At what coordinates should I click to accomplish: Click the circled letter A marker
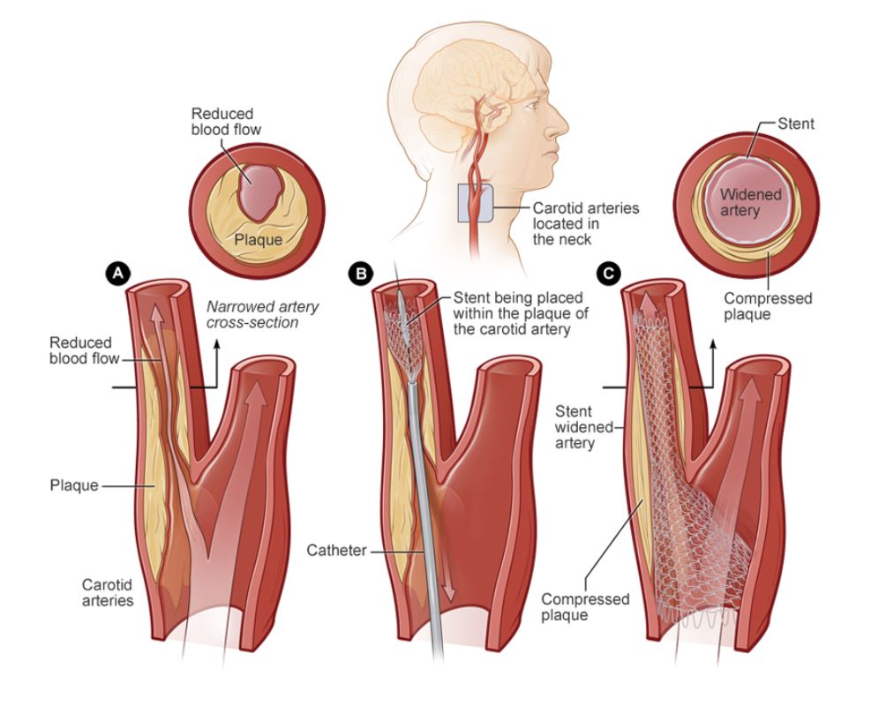pos(118,274)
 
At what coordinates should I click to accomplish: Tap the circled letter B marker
pos(361,274)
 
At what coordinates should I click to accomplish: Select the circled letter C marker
pos(609,274)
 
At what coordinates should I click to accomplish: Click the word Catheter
pos(337,550)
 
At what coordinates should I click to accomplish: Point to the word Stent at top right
pos(796,124)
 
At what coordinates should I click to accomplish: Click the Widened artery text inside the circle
pos(750,202)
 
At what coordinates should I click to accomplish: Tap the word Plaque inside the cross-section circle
pos(259,240)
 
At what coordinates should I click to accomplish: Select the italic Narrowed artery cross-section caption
pos(262,315)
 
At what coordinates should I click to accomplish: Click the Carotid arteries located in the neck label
pos(586,224)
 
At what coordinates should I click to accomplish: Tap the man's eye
pos(531,104)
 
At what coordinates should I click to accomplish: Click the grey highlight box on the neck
pos(475,202)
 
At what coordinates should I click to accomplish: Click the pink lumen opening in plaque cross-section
pos(257,192)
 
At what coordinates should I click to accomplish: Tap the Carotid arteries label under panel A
pos(108,592)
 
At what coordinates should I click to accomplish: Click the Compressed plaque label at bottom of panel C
pos(585,607)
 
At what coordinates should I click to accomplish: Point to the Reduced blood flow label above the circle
pos(226,122)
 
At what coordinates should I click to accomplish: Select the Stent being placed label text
pos(521,313)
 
